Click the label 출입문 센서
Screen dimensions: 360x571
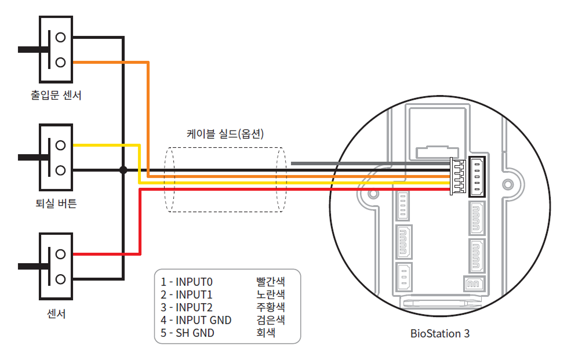click(x=56, y=94)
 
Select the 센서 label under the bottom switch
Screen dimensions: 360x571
click(x=56, y=314)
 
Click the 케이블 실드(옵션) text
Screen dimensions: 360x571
click(x=226, y=134)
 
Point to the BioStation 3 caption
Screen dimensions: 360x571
click(x=440, y=333)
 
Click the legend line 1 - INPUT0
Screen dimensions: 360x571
click(x=187, y=282)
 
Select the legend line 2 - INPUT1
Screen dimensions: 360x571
click(x=187, y=294)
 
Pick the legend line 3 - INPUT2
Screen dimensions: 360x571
click(x=187, y=307)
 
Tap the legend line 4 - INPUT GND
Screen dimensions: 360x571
click(x=196, y=320)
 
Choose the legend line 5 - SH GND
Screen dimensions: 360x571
click(x=187, y=333)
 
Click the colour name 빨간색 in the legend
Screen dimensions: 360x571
click(x=270, y=282)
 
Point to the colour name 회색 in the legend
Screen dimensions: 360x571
click(x=266, y=333)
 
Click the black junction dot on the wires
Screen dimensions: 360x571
click(x=123, y=170)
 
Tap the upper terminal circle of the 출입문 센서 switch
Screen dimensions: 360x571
click(x=60, y=37)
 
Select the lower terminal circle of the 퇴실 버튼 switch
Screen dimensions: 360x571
click(x=60, y=170)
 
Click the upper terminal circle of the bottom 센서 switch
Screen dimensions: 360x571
click(x=60, y=254)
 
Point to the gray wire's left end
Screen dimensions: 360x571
click(x=292, y=163)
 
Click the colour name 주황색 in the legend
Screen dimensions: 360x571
click(x=270, y=307)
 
